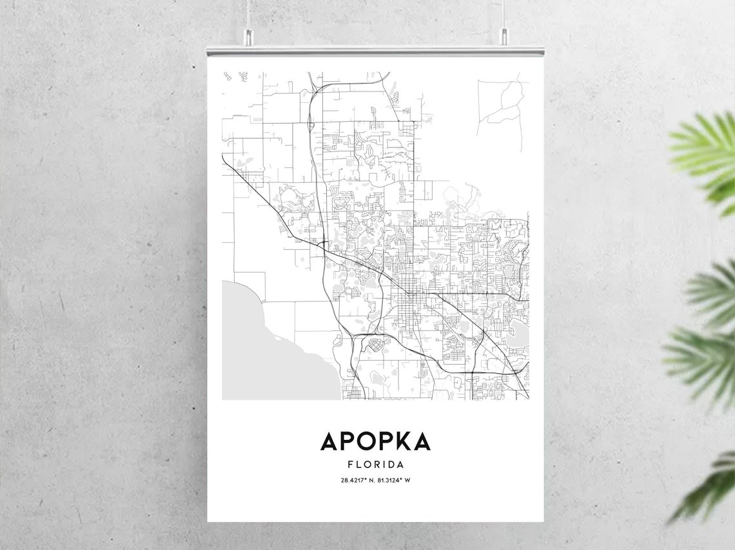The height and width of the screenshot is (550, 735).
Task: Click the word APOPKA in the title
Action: pyautogui.click(x=375, y=442)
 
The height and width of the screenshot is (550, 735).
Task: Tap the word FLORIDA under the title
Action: pyautogui.click(x=375, y=464)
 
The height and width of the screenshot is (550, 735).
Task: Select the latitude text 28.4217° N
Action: pyautogui.click(x=356, y=480)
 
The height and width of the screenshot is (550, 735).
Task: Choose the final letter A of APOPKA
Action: pyautogui.click(x=421, y=442)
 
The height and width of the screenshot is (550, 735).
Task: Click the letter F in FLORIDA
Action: pyautogui.click(x=350, y=464)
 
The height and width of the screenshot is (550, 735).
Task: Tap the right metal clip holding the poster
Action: pyautogui.click(x=504, y=37)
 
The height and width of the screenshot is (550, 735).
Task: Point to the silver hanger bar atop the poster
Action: pyautogui.click(x=375, y=50)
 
